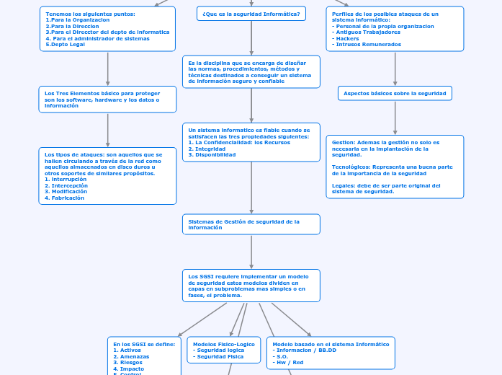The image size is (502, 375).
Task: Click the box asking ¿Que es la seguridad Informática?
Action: click(251, 14)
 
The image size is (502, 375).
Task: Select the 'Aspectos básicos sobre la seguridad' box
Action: click(395, 93)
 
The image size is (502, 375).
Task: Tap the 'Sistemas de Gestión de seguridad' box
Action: click(251, 224)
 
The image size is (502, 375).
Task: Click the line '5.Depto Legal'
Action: click(66, 44)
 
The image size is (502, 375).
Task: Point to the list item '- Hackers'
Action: click(346, 38)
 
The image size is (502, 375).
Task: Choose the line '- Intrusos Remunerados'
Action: click(367, 44)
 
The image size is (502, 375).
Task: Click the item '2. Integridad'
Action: click(207, 149)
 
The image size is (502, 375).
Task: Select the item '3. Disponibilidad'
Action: click(212, 154)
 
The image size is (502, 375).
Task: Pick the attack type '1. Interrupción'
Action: click(66, 179)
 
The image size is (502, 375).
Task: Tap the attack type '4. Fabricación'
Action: click(64, 198)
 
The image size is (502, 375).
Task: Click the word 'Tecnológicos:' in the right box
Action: click(350, 167)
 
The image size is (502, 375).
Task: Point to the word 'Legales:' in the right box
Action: click(344, 185)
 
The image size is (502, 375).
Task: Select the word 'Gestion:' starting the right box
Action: click(343, 142)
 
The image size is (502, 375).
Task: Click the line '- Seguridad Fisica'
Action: click(220, 356)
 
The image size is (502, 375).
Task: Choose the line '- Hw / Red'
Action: click(288, 362)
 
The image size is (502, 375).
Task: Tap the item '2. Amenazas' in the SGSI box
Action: click(131, 356)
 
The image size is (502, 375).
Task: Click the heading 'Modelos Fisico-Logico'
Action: click(224, 344)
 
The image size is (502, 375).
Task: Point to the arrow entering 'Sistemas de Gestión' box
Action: click(251, 210)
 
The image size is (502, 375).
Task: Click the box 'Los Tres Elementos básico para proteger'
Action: click(107, 100)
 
